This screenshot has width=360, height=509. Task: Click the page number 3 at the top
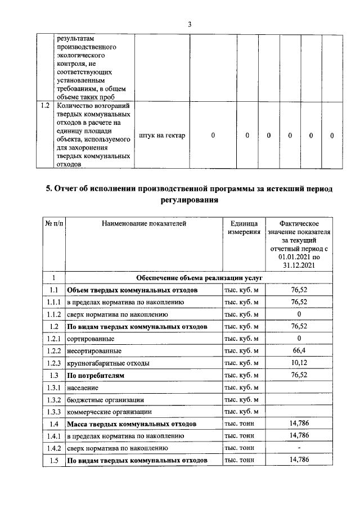190,24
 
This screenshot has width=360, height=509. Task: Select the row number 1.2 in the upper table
44,106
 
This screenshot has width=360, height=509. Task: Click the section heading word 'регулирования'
189,200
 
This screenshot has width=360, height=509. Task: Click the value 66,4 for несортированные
299,350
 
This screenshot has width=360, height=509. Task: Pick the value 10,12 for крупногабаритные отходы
299,363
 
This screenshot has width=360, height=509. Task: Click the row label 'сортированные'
91,339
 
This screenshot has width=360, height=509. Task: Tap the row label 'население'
83,388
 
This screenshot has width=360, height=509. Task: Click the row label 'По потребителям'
96,375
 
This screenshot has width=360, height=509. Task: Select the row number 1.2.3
54,363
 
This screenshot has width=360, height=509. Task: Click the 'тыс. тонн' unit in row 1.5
240,460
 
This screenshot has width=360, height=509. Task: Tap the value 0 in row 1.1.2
299,314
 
